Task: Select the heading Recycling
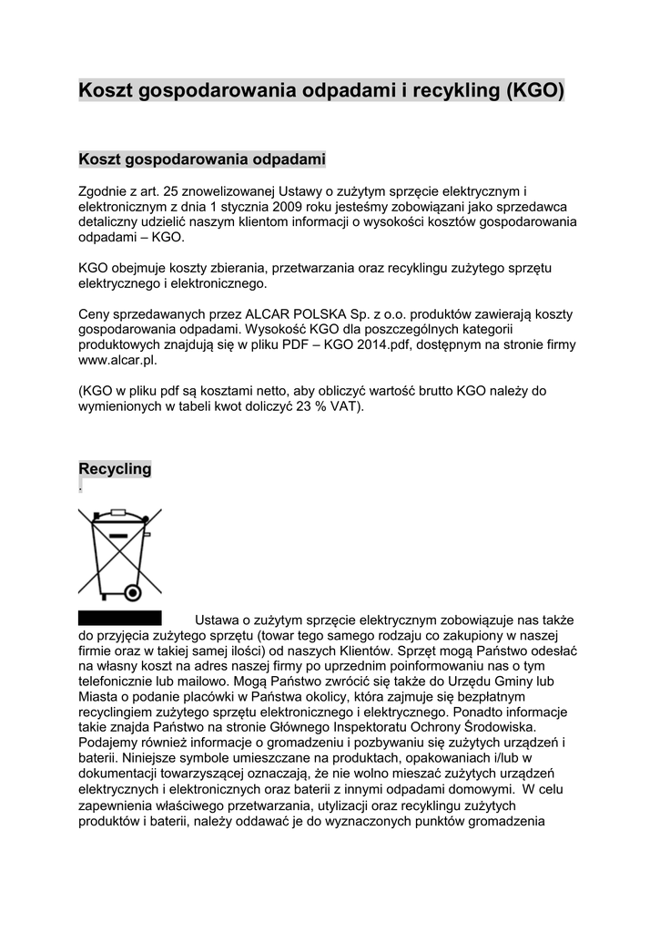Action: click(115, 469)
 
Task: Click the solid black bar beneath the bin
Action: click(119, 618)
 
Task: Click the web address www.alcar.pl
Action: click(112, 360)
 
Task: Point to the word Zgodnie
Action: click(105, 191)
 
